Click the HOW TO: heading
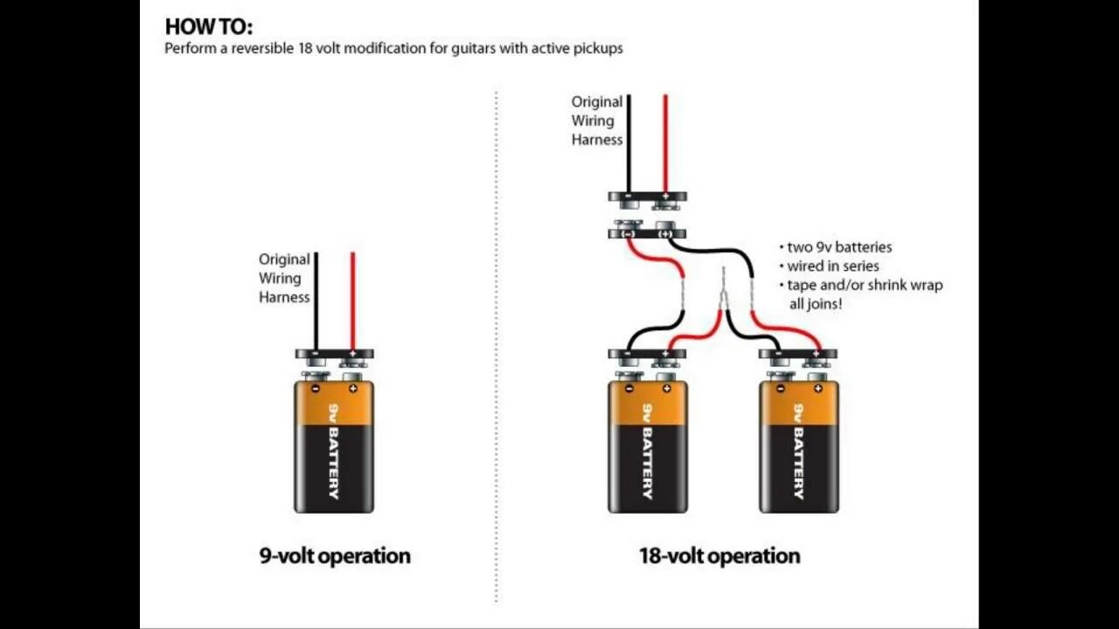pos(208,26)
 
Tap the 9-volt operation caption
pos(334,556)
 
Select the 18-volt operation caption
pos(719,556)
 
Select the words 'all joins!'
pos(816,305)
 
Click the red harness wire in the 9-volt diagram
pos(352,297)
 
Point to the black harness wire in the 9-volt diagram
pos(316,297)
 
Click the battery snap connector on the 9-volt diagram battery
pos(334,355)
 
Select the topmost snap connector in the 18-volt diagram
pos(647,197)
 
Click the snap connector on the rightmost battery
pos(798,355)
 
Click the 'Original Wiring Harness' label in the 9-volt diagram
pos(284,278)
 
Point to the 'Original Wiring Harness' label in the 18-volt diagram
pos(597,121)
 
